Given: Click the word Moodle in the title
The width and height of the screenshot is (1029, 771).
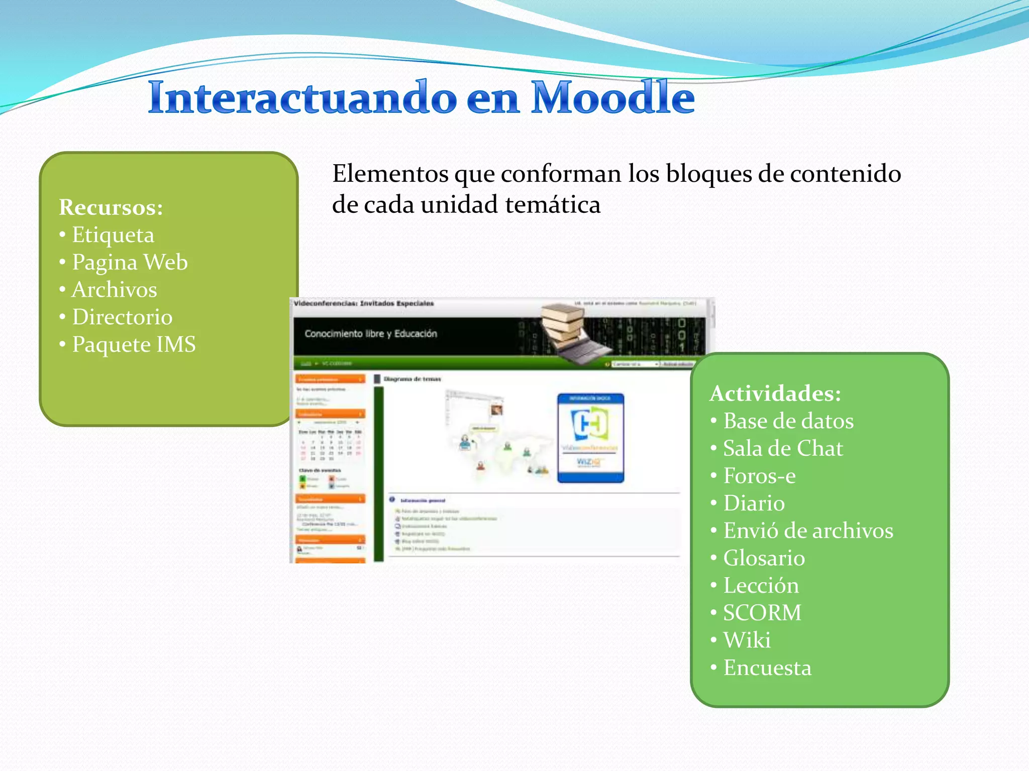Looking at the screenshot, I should pyautogui.click(x=612, y=98).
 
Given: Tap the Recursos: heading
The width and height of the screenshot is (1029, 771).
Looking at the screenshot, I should pyautogui.click(x=111, y=207).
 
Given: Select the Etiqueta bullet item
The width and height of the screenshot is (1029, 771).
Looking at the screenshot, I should pyautogui.click(x=113, y=235).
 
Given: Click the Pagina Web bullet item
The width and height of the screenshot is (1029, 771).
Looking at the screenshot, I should pyautogui.click(x=130, y=263).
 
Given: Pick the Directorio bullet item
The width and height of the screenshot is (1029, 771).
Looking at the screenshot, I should pyautogui.click(x=122, y=317).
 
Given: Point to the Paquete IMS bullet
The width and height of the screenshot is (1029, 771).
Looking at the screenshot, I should pyautogui.click(x=134, y=345).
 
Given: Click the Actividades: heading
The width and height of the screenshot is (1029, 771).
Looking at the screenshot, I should pyautogui.click(x=775, y=394).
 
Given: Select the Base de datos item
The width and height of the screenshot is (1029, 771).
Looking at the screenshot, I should pyautogui.click(x=788, y=421).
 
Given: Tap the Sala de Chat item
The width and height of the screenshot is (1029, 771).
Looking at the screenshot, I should pyautogui.click(x=783, y=449).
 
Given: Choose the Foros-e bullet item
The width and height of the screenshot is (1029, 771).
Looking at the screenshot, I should pyautogui.click(x=759, y=476).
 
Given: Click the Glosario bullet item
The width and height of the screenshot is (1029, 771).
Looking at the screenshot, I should pyautogui.click(x=764, y=558).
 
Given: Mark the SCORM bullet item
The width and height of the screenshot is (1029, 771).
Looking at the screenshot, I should pyautogui.click(x=762, y=613).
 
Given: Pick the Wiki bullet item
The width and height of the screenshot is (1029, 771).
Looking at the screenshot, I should pyautogui.click(x=747, y=640).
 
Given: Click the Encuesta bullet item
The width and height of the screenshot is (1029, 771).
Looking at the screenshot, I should pyautogui.click(x=767, y=668).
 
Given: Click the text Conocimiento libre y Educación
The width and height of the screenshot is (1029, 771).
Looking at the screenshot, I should pyautogui.click(x=371, y=334).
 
